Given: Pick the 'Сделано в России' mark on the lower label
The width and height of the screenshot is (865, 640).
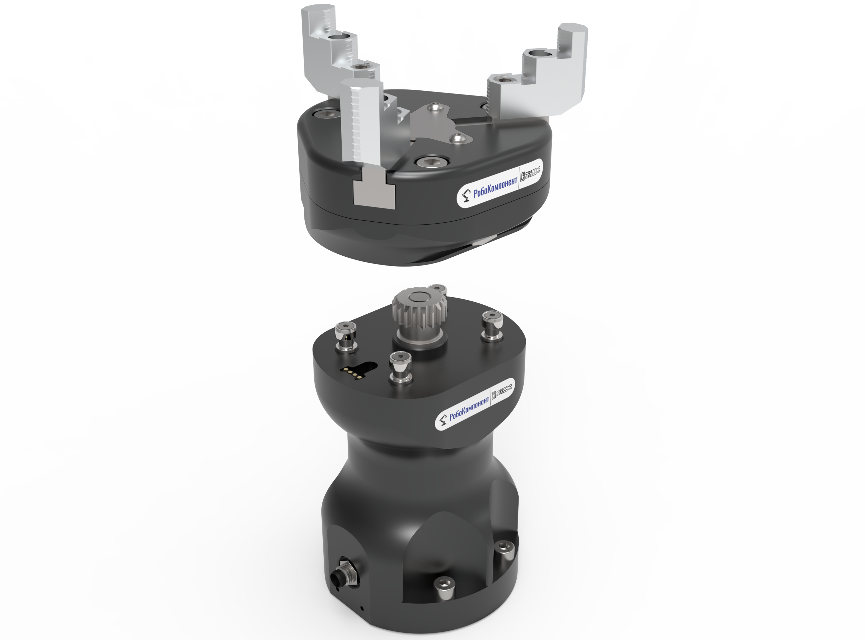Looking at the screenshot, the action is point(501,392).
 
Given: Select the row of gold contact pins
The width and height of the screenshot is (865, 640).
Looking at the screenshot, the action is point(352,372).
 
